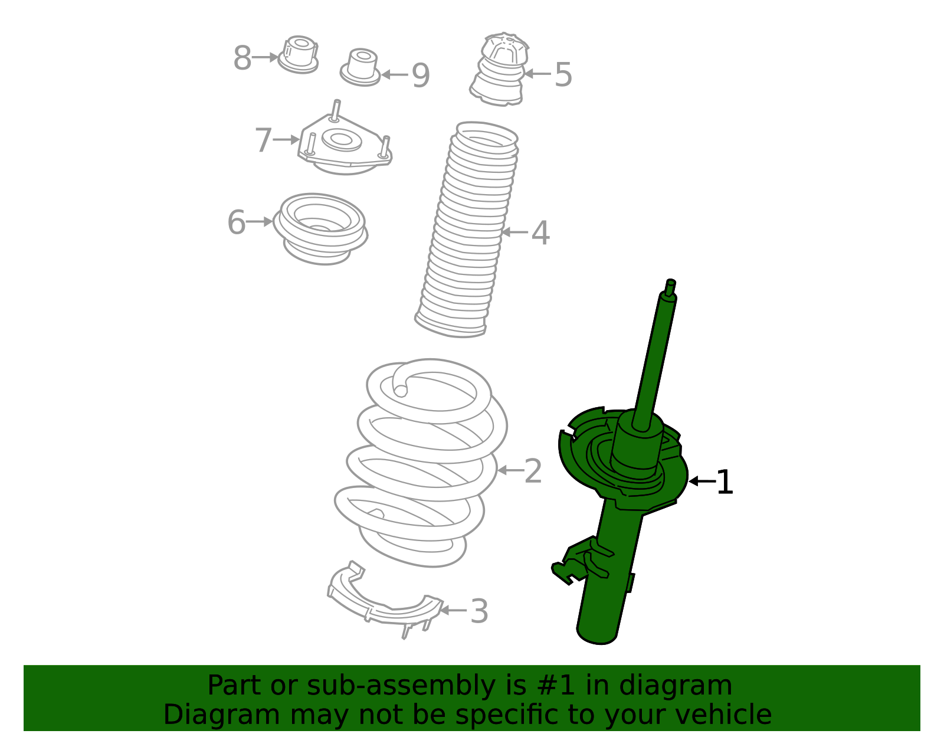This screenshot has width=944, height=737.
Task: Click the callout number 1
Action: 725,483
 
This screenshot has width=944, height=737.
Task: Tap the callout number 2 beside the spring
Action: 533,471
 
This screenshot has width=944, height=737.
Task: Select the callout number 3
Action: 479,611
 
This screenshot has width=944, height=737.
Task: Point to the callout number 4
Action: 540,233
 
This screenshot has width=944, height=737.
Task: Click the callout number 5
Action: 563,75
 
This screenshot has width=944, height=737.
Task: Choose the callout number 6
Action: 236,222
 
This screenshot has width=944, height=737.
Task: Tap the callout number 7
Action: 263,140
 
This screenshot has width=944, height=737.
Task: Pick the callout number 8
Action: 242,58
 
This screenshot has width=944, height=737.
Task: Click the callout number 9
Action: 421,76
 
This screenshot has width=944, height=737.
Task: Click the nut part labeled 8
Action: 299,54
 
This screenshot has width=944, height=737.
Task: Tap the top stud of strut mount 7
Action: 336,110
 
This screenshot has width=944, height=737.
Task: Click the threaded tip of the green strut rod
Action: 670,286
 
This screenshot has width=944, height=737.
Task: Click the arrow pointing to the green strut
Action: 701,481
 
